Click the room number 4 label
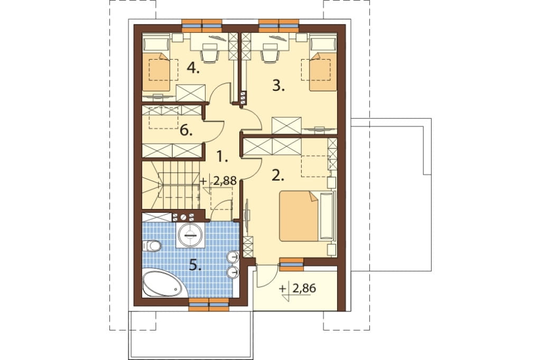coord(193,69)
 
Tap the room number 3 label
coord(278,86)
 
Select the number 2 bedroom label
coord(278,176)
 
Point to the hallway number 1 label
coord(222,157)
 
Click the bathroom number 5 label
coord(195,266)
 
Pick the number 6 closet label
coord(186,131)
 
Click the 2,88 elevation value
coord(225,181)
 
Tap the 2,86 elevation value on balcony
coord(304,288)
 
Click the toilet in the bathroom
coord(151,245)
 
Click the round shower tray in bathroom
coord(190,235)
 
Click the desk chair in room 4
coord(210,53)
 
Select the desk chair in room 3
coord(270,53)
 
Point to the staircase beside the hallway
coord(171,185)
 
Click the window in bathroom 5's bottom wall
coord(209,305)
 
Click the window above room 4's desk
coord(202,25)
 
